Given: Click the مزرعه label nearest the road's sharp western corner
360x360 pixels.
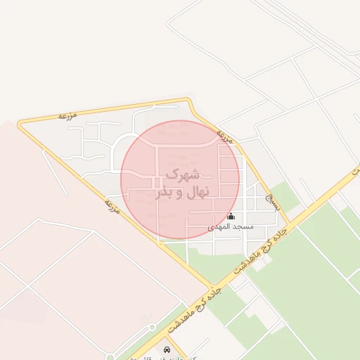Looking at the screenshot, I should pyautogui.click(x=67, y=114).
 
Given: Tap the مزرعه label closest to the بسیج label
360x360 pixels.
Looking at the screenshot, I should pyautogui.click(x=226, y=134).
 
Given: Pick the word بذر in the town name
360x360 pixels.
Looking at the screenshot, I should pyautogui.click(x=164, y=191).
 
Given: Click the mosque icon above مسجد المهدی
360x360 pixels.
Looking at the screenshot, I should pyautogui.click(x=231, y=217).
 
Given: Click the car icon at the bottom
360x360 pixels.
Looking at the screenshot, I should pyautogui.click(x=167, y=349).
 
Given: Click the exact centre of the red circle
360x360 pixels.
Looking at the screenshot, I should pyautogui.click(x=181, y=180).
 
